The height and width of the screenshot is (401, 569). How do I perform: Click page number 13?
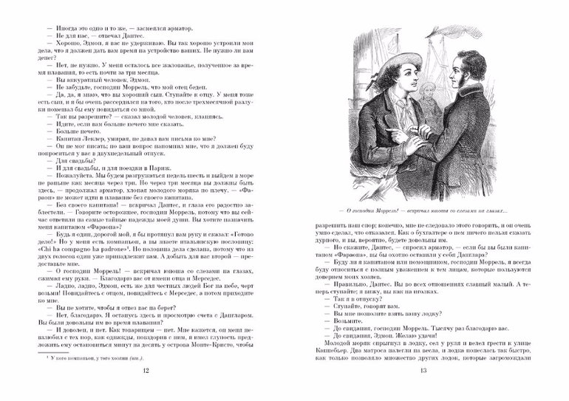coord(423,391)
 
